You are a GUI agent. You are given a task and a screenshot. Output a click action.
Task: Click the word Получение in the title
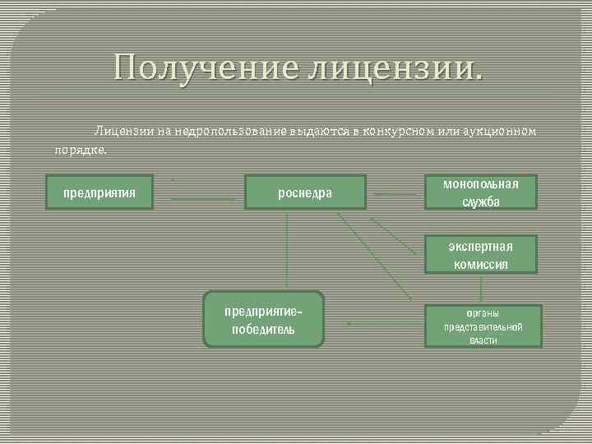point(206,66)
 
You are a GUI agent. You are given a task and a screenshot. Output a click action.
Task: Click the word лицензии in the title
point(391,66)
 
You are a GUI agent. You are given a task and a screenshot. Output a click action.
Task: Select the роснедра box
point(305,193)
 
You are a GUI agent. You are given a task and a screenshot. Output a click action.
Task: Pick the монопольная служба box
point(481,192)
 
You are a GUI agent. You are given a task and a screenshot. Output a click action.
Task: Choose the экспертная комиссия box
point(481,254)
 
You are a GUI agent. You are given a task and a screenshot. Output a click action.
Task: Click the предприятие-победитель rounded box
point(263,319)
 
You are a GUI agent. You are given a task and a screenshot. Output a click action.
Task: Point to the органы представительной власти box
point(483,326)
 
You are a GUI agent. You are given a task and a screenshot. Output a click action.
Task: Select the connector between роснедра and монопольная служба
point(395,194)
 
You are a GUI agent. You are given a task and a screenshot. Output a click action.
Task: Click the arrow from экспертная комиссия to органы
point(481,289)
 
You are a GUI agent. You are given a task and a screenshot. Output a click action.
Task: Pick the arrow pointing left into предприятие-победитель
point(378,323)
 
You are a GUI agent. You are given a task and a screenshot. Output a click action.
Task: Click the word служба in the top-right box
point(481,202)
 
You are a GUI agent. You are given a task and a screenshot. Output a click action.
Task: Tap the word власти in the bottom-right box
point(483,340)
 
